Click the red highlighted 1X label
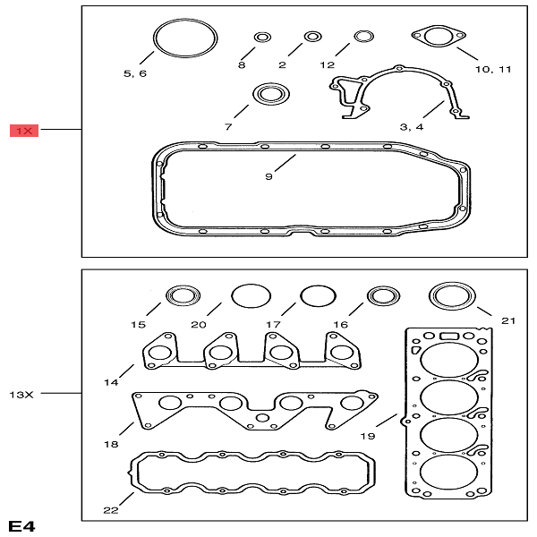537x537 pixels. tap(24, 131)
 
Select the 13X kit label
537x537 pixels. tap(21, 393)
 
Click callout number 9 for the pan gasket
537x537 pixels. tap(268, 176)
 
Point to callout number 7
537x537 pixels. tap(228, 127)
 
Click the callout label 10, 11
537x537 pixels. tap(493, 69)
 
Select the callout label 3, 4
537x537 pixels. tap(412, 127)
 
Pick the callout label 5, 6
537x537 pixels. tap(135, 73)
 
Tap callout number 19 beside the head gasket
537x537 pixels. tap(367, 438)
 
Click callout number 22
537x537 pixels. tap(111, 510)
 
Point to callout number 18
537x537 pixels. tap(111, 445)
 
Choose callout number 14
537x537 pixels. tap(111, 382)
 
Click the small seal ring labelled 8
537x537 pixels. tap(262, 37)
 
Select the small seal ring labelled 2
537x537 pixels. tap(313, 37)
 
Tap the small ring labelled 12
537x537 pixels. tap(363, 37)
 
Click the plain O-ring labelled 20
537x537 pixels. tap(250, 295)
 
